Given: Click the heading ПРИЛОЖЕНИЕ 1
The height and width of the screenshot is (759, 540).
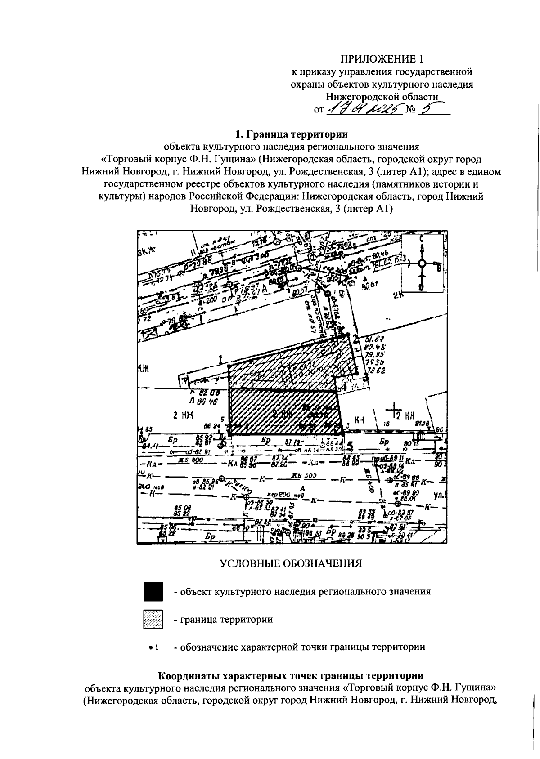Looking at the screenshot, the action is click(382, 59).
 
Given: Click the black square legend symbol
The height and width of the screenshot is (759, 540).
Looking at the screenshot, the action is click(153, 592).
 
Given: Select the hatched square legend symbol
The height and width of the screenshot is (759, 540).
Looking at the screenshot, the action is click(153, 620).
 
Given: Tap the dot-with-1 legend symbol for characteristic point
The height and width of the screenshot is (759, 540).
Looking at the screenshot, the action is click(153, 647).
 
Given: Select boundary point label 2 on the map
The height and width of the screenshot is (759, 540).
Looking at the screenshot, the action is click(355, 339).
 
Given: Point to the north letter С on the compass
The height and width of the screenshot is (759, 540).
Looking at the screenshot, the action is click(422, 239).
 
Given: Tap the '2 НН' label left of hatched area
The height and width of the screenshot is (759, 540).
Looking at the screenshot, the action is click(183, 416).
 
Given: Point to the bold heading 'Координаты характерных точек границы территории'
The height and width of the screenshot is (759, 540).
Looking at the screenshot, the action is click(291, 676).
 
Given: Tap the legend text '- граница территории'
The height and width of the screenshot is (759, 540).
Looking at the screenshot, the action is click(224, 620).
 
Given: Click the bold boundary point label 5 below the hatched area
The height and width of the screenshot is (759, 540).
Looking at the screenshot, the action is click(351, 446).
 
